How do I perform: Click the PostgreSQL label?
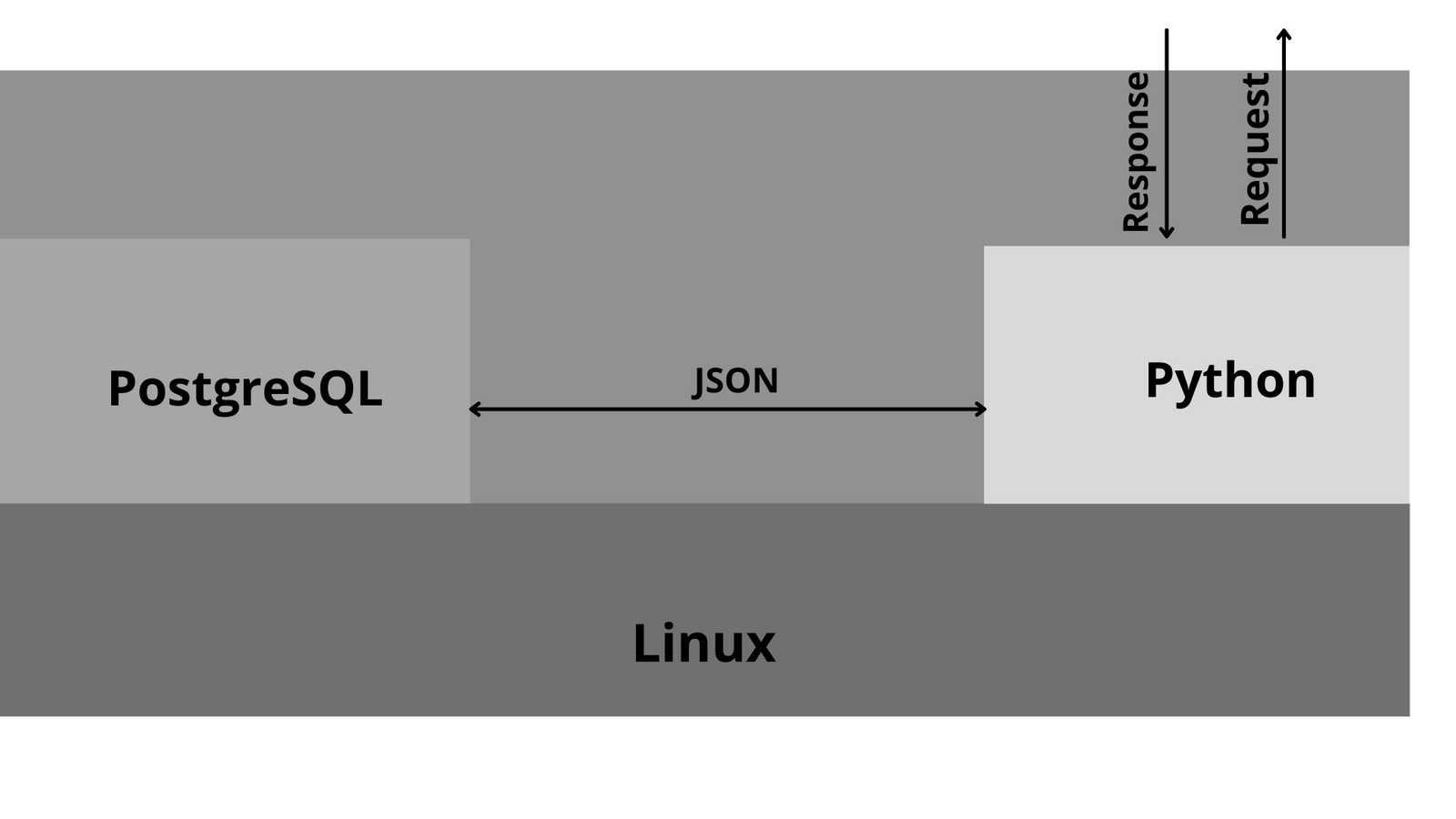pos(245,389)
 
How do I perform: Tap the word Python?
pos(1229,380)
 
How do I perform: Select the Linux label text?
pos(703,644)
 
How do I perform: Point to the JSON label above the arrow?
pos(735,380)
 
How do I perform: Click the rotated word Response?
pos(1137,152)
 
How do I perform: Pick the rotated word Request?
pos(1255,148)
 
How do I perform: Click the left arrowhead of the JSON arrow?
pos(474,409)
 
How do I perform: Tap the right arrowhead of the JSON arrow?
pos(982,409)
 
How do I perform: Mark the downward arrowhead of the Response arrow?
pos(1167,234)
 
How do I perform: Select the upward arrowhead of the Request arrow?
pos(1284,35)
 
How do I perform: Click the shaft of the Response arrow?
pos(1167,127)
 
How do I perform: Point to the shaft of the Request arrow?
pos(1284,136)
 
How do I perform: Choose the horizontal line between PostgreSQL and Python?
pos(728,409)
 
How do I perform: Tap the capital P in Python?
pos(1158,379)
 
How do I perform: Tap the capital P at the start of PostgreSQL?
pos(121,389)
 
